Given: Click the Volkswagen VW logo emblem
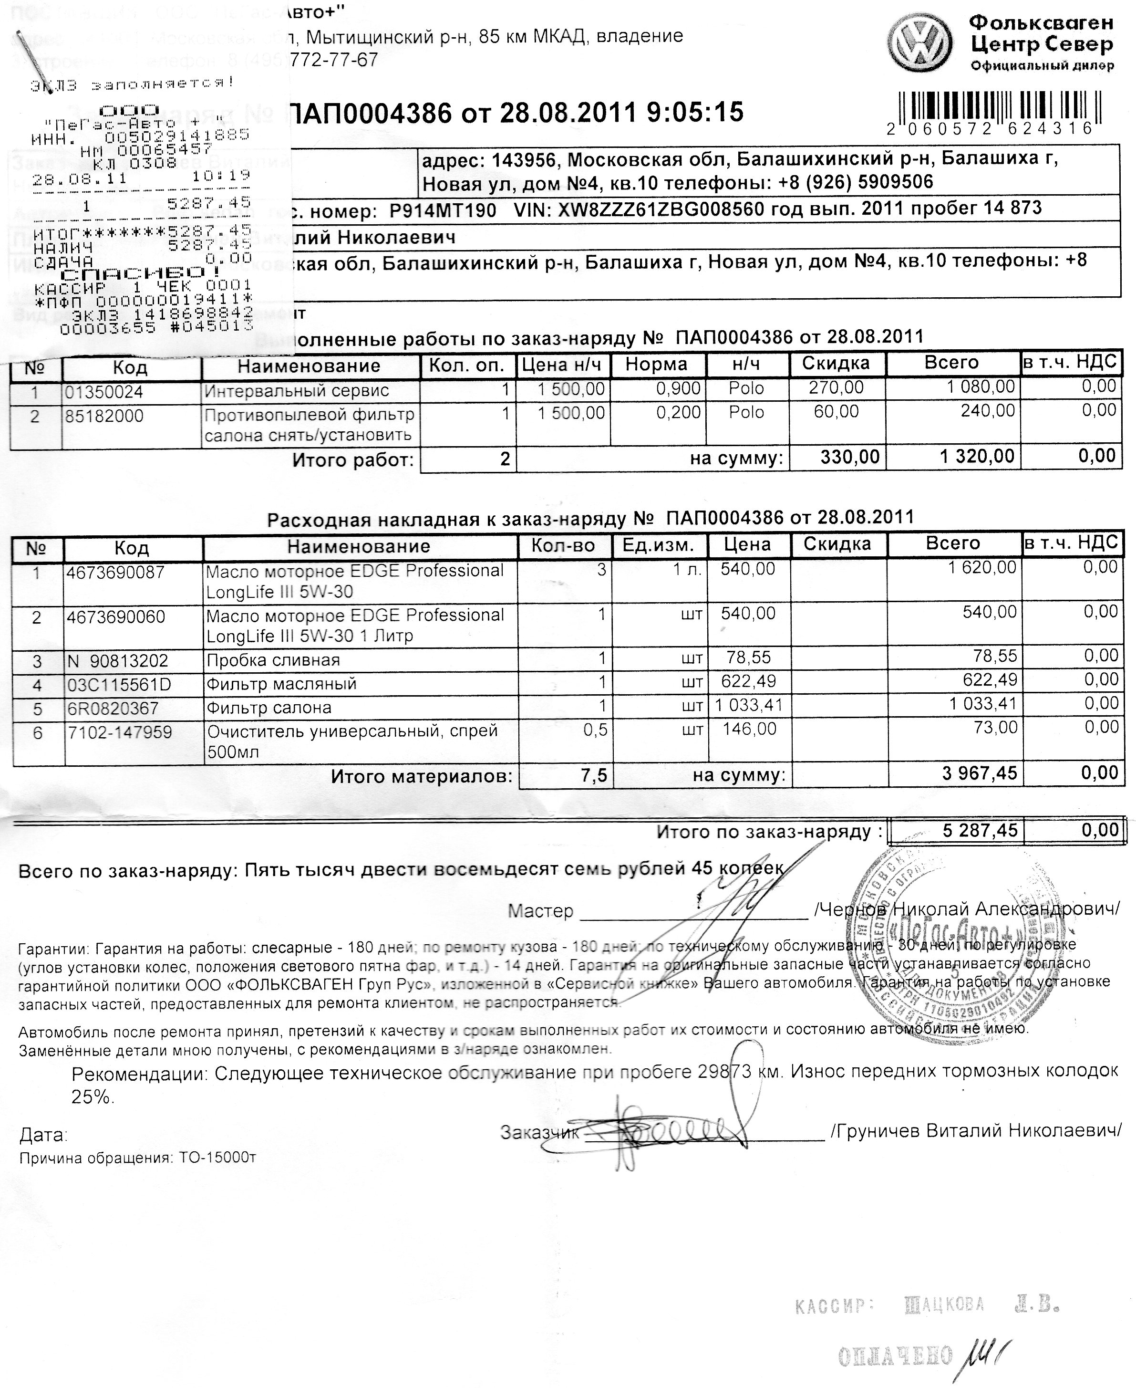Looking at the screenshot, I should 923,44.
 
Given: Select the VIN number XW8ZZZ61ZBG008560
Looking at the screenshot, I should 660,209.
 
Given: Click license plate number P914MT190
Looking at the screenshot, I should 443,211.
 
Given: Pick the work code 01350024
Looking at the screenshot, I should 104,392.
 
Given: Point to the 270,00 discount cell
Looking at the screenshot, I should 837,387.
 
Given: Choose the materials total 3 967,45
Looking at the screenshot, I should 980,773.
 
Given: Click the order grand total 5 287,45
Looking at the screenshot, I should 980,831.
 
